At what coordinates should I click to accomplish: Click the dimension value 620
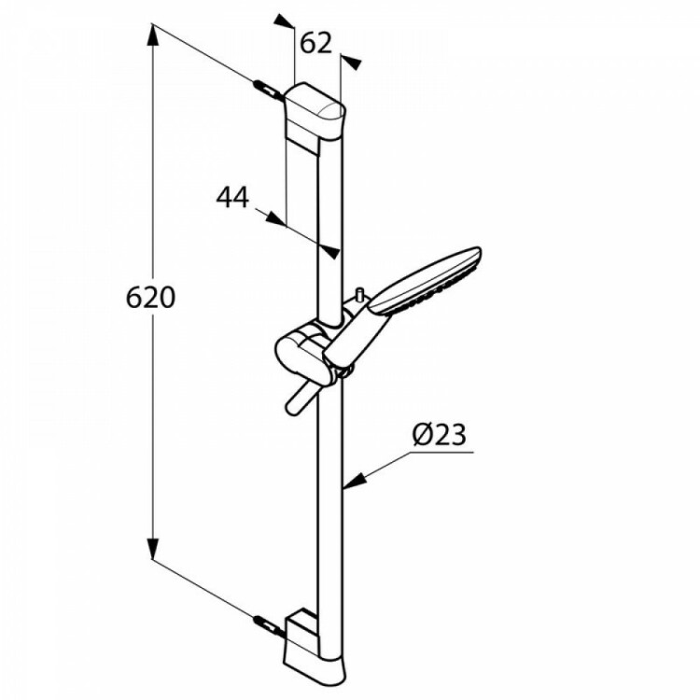[x=150, y=298]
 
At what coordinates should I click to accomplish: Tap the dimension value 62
[x=316, y=43]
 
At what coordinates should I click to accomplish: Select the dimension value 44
[x=232, y=197]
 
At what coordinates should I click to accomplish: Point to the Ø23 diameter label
[x=440, y=434]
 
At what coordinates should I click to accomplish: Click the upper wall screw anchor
[x=268, y=89]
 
